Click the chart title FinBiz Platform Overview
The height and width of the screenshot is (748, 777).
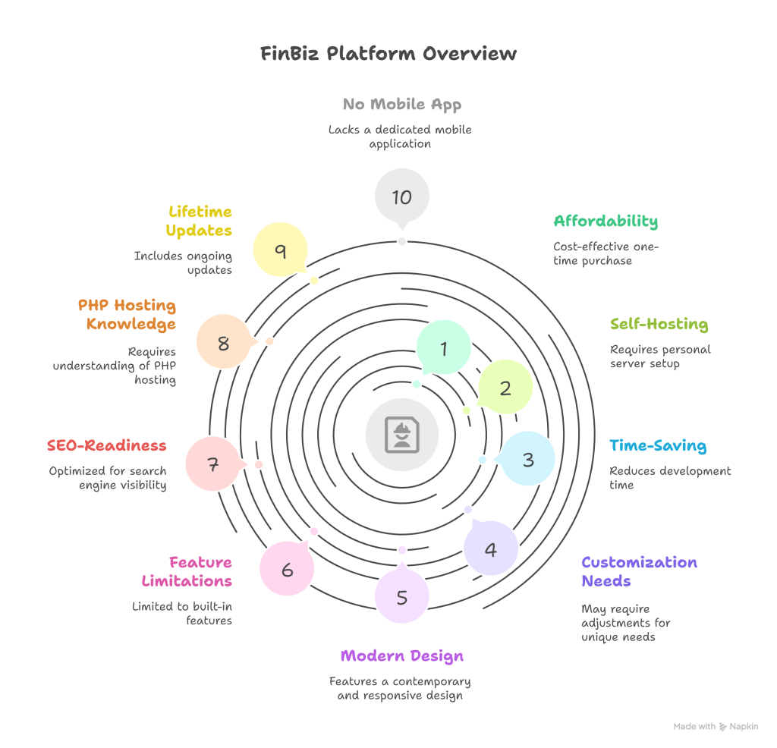pyautogui.click(x=388, y=54)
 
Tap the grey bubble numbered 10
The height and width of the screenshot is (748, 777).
pyautogui.click(x=401, y=196)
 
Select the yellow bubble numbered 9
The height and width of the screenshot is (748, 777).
pyautogui.click(x=280, y=251)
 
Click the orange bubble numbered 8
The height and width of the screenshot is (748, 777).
pyautogui.click(x=223, y=343)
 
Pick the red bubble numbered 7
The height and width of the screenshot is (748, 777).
pyautogui.click(x=212, y=464)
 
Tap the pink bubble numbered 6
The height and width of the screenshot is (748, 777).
pyautogui.click(x=287, y=569)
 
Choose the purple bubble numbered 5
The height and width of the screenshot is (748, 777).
pyautogui.click(x=402, y=596)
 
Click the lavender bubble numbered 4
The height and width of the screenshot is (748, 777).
pyautogui.click(x=491, y=548)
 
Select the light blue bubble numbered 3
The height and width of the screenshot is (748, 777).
pyautogui.click(x=528, y=459)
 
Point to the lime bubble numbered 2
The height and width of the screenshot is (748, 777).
pyautogui.click(x=505, y=388)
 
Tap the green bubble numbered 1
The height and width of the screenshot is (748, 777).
pyautogui.click(x=444, y=347)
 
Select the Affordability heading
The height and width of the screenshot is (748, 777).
pyautogui.click(x=606, y=221)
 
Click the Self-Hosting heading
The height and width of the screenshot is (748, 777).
pyautogui.click(x=659, y=324)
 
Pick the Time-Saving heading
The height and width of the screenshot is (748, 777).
pyautogui.click(x=658, y=445)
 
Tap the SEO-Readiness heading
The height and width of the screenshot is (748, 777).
pyautogui.click(x=106, y=445)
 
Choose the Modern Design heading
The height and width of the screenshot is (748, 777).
pyautogui.click(x=401, y=655)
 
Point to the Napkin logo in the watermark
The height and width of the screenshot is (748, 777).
pyautogui.click(x=724, y=726)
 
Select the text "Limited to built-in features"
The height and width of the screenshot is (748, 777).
pyautogui.click(x=182, y=613)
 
